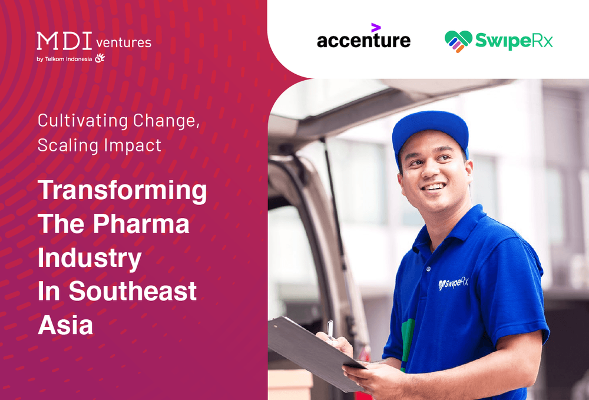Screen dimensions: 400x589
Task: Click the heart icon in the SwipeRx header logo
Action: point(458,41)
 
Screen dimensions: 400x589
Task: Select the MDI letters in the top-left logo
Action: point(63,42)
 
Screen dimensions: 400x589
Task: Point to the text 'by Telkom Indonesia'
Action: point(64,58)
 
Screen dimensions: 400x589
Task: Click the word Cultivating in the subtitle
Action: point(82,120)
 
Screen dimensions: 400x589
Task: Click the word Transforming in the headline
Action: point(122,190)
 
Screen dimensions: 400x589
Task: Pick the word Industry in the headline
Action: point(90,258)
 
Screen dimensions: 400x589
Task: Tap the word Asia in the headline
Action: point(65,325)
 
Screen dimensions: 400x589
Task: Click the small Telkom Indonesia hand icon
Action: point(100,58)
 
